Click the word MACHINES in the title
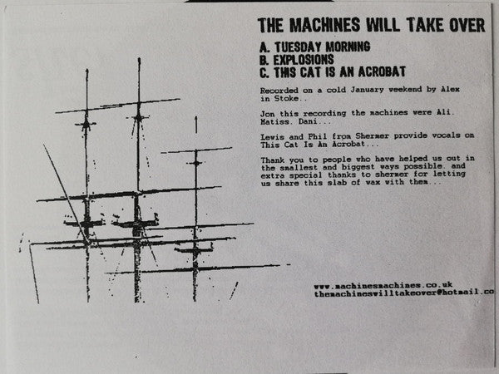[324, 25]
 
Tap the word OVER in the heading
[467, 25]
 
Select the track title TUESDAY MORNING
[323, 47]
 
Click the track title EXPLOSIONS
[304, 60]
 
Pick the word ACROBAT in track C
[382, 71]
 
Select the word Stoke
[286, 98]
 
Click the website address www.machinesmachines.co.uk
[383, 286]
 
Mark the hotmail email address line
[404, 293]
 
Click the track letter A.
[264, 47]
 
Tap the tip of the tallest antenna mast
[139, 58]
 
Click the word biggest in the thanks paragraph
[358, 167]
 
